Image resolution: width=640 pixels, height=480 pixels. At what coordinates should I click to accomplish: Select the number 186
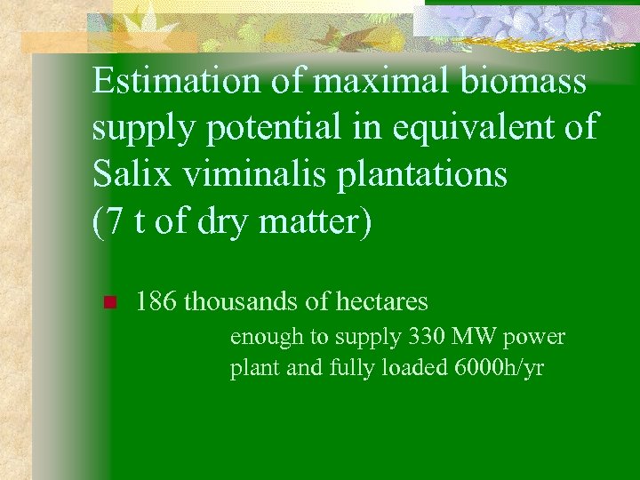coord(156,302)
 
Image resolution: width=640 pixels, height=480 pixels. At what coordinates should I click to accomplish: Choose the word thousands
coord(241,302)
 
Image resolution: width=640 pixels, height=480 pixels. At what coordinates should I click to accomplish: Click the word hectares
coord(380,302)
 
